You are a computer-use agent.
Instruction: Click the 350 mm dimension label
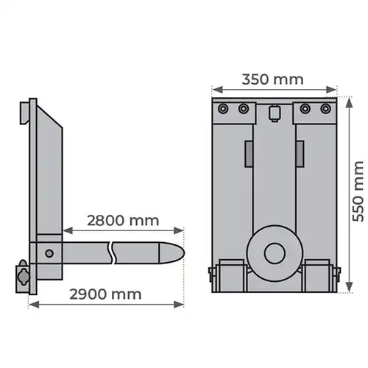point(272,79)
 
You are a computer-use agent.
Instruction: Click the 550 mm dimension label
point(358,191)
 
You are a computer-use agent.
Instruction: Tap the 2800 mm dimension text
point(123,221)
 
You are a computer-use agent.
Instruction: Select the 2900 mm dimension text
point(105,294)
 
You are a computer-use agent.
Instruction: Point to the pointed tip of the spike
point(184,253)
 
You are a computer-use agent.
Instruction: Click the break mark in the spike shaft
point(113,253)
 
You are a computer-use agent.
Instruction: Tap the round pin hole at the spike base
point(49,253)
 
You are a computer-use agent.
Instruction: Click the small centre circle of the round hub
point(275,253)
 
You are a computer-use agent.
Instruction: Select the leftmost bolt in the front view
point(223,108)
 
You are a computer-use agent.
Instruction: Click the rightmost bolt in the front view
point(325,108)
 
